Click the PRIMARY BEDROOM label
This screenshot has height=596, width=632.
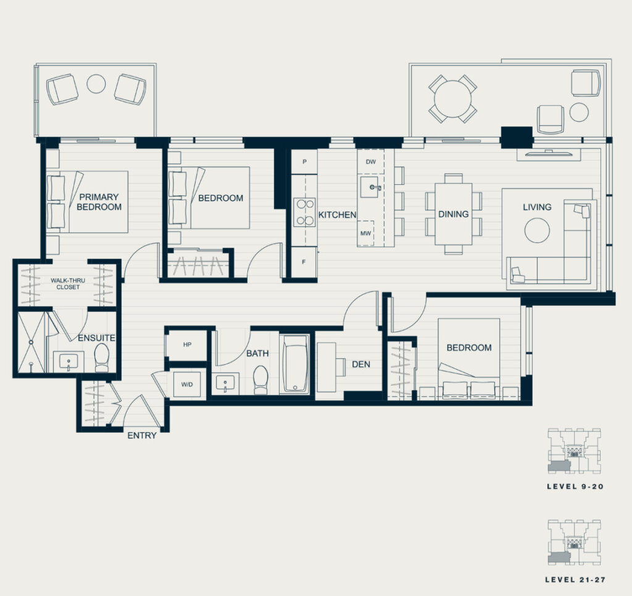[99, 202]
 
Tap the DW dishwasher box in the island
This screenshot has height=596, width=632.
[371, 161]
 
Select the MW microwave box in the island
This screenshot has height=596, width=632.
[365, 233]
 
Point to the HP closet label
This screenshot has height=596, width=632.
[187, 345]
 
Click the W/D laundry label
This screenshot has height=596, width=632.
[187, 385]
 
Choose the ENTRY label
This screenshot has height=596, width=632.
[142, 435]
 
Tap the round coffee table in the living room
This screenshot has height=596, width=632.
[537, 231]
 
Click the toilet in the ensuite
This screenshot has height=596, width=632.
[102, 357]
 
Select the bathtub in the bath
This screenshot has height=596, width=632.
[294, 364]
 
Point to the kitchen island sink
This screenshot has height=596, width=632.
[370, 187]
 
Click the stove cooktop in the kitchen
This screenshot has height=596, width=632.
[304, 212]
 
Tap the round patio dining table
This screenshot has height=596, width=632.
[452, 99]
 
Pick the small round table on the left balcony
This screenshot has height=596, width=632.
[96, 84]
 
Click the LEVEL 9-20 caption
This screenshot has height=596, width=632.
[575, 486]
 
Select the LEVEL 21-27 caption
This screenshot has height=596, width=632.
[575, 580]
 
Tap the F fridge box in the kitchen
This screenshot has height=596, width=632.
[304, 262]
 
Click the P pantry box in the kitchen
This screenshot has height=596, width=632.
[304, 161]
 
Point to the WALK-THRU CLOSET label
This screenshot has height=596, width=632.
[68, 284]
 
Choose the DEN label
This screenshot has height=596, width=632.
[360, 364]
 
